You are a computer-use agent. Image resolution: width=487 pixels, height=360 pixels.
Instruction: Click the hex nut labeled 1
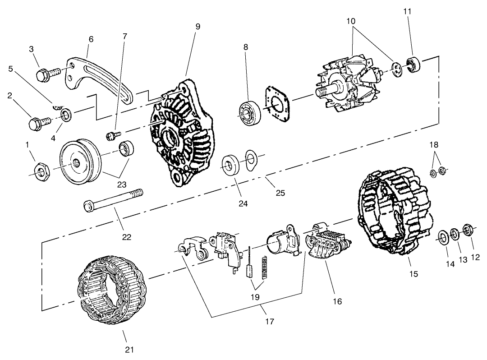(x=42, y=171)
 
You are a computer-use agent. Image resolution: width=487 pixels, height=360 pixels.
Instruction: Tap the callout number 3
(x=32, y=49)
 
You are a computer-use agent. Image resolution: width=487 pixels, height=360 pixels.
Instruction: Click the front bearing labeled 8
(x=248, y=112)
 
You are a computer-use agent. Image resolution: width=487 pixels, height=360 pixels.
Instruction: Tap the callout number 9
(x=198, y=26)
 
